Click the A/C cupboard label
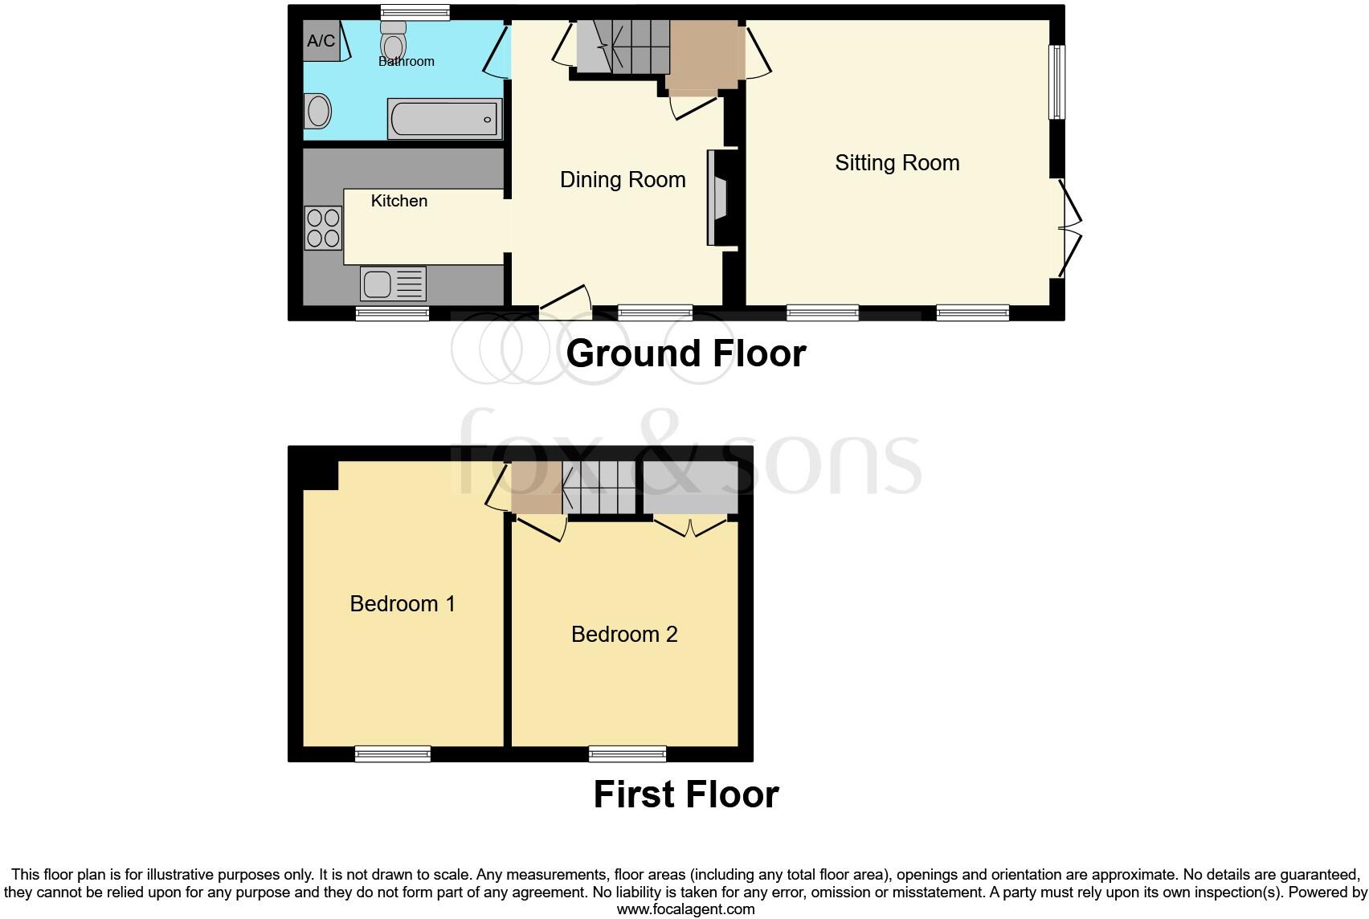click(321, 41)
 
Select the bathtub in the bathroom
click(444, 119)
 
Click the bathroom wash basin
click(318, 112)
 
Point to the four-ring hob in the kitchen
click(323, 227)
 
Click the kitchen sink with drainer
click(393, 284)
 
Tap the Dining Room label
click(623, 180)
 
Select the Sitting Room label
click(897, 163)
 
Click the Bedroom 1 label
click(403, 604)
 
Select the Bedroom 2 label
click(624, 635)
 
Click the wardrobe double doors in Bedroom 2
click(691, 527)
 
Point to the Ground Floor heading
click(685, 354)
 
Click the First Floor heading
click(685, 794)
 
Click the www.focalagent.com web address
click(685, 909)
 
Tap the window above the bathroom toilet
click(414, 12)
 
